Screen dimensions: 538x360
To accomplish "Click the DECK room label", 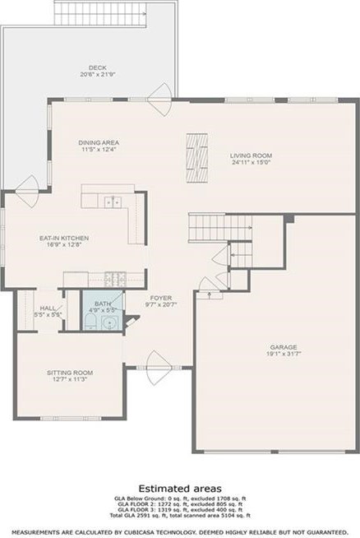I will tap(98, 67).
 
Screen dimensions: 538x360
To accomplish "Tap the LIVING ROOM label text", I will tap(250, 155).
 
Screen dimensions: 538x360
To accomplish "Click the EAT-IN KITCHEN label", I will tap(64, 238).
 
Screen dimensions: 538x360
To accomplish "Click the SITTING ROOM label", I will tap(68, 372).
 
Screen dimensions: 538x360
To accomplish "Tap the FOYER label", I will tap(159, 298).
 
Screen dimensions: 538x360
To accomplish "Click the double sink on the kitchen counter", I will tap(113, 202).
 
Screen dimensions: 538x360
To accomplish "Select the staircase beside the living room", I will tap(206, 224).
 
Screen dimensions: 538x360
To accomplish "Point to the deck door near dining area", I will tap(164, 92).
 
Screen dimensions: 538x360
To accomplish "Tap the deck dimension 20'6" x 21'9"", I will tap(98, 75).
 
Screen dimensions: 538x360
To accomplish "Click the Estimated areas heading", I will tap(178, 488).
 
